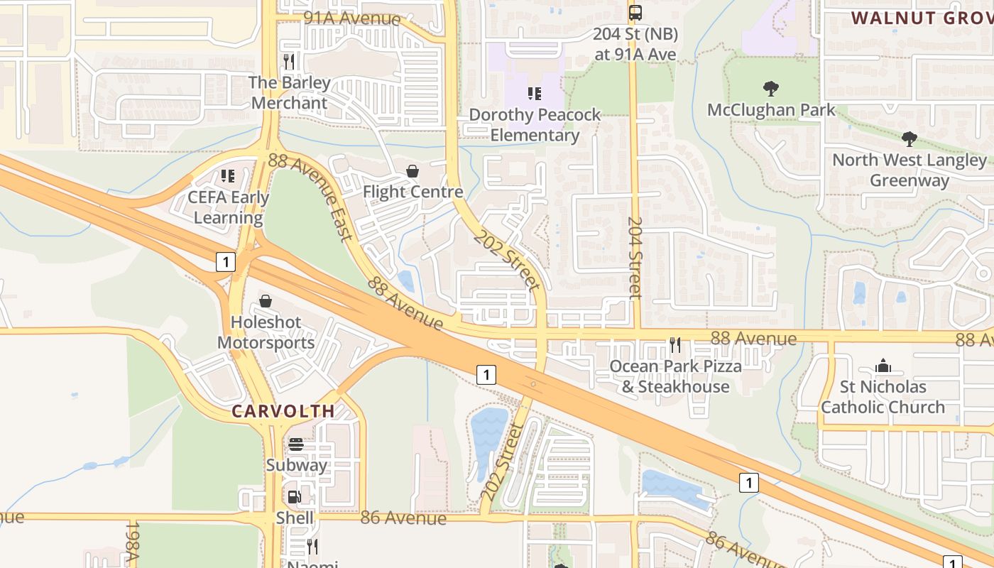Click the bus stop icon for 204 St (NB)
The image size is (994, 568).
point(635,12)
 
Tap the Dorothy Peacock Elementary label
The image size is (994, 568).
point(535,125)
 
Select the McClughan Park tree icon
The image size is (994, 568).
point(770,89)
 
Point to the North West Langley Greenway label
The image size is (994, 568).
point(910,170)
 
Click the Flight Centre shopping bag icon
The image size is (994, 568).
point(413,171)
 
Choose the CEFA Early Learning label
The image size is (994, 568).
point(228,207)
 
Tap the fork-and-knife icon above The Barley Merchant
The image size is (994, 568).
point(288,62)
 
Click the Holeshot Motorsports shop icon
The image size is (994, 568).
point(266,301)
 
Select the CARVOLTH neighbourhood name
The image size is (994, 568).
point(283,411)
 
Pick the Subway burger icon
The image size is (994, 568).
point(296,444)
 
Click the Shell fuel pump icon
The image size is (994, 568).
point(294,497)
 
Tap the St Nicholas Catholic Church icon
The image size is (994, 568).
point(883,366)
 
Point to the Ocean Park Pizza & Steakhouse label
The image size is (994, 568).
point(676,376)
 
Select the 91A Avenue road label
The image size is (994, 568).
point(352,18)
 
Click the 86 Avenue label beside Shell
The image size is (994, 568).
point(403,518)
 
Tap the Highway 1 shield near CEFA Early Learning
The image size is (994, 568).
point(225,262)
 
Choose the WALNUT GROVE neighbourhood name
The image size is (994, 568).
point(922,18)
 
